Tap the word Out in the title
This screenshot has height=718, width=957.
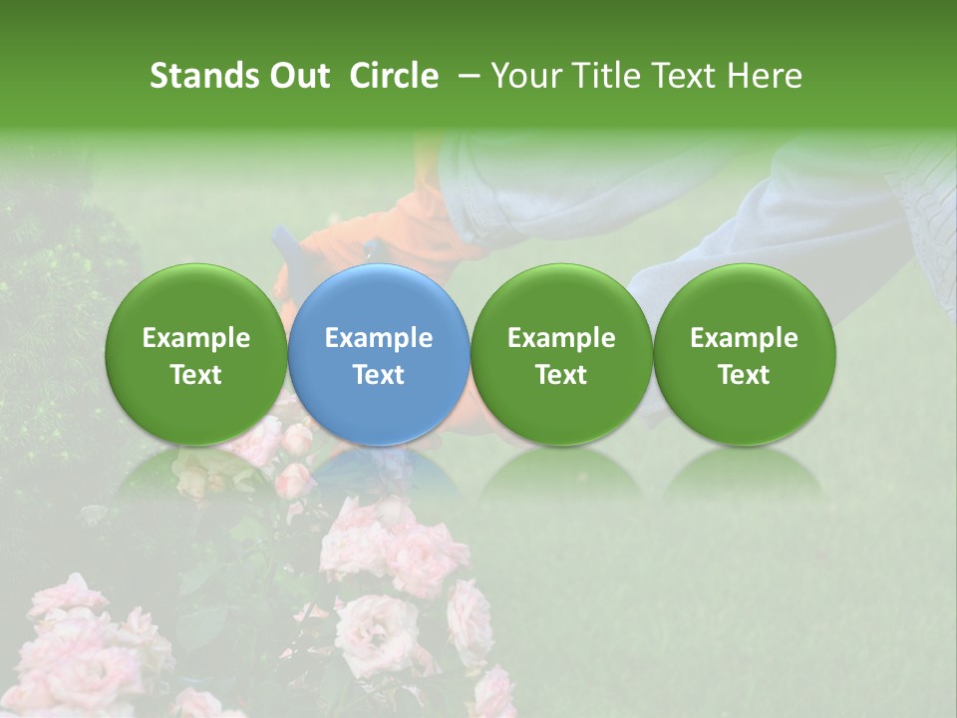click(297, 76)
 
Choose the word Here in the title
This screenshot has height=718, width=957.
click(765, 76)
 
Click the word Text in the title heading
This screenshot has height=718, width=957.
click(683, 76)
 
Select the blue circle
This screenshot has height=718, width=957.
click(378, 354)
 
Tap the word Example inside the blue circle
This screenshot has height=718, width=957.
click(379, 338)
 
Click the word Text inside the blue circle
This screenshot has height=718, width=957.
click(379, 375)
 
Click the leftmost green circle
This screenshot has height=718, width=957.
click(195, 354)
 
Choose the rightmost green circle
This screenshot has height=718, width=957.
click(744, 354)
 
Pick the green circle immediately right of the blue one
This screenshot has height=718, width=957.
click(561, 354)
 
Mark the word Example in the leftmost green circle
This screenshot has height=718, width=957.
click(195, 338)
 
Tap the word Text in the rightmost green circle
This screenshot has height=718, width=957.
click(744, 375)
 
